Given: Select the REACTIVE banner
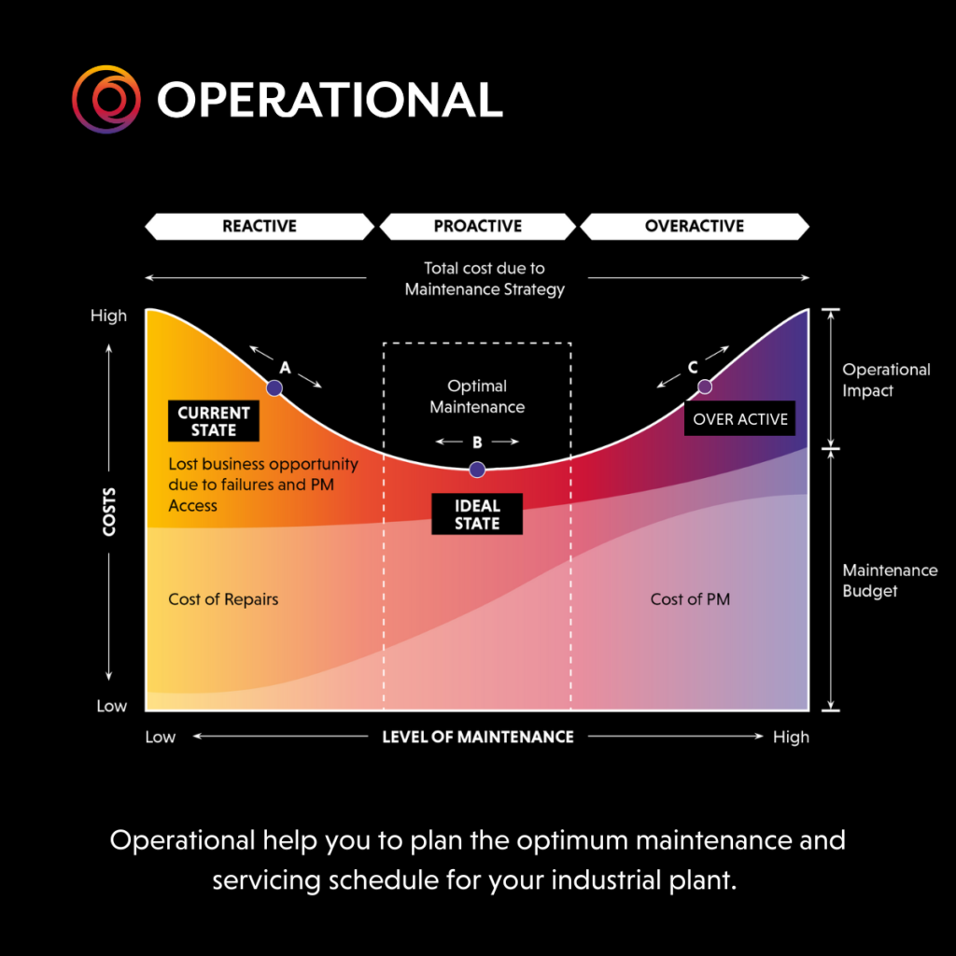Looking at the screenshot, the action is tap(260, 226).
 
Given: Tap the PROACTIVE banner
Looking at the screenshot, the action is tap(477, 226).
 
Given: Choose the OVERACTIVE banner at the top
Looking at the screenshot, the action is tap(695, 226).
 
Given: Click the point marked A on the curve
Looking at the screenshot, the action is tap(274, 387).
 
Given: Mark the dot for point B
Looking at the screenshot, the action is tap(477, 470).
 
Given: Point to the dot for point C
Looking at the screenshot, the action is tap(705, 387).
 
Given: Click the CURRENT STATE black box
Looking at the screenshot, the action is tap(214, 421).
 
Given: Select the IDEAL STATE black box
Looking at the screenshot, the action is tap(477, 514).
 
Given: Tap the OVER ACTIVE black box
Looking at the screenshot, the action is tap(739, 418).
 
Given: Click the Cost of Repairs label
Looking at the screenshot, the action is tap(223, 599).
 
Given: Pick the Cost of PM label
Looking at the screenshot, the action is tap(690, 599).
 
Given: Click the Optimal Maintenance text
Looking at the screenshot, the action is tap(477, 396).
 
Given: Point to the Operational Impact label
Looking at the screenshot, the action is tap(887, 380).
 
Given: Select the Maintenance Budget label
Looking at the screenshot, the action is tap(890, 581).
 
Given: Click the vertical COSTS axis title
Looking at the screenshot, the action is tap(109, 513).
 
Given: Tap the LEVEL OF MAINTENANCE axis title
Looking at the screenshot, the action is tap(478, 738).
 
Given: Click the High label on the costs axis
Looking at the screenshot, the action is tap(108, 316).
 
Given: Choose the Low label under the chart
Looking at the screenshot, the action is tap(161, 738).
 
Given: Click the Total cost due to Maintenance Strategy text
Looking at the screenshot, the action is tap(485, 278).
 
